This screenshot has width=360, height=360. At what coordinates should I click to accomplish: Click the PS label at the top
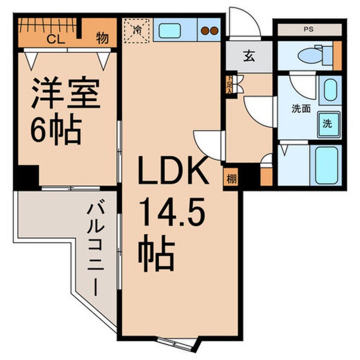[x=309, y=30]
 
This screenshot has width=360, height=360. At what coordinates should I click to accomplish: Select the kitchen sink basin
[x=170, y=31]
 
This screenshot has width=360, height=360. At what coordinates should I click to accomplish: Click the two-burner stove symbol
[x=209, y=31]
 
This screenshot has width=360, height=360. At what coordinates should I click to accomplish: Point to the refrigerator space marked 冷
[x=137, y=31]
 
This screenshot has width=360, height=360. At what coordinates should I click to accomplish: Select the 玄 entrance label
[x=249, y=57]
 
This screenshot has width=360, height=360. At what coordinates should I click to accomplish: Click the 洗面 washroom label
[x=301, y=109]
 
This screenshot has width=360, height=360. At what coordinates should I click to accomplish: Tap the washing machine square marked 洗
[x=329, y=124]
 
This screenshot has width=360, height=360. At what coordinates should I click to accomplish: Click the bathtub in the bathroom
[x=326, y=166]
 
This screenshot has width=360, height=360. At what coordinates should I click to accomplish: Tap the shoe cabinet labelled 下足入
[x=230, y=84]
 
